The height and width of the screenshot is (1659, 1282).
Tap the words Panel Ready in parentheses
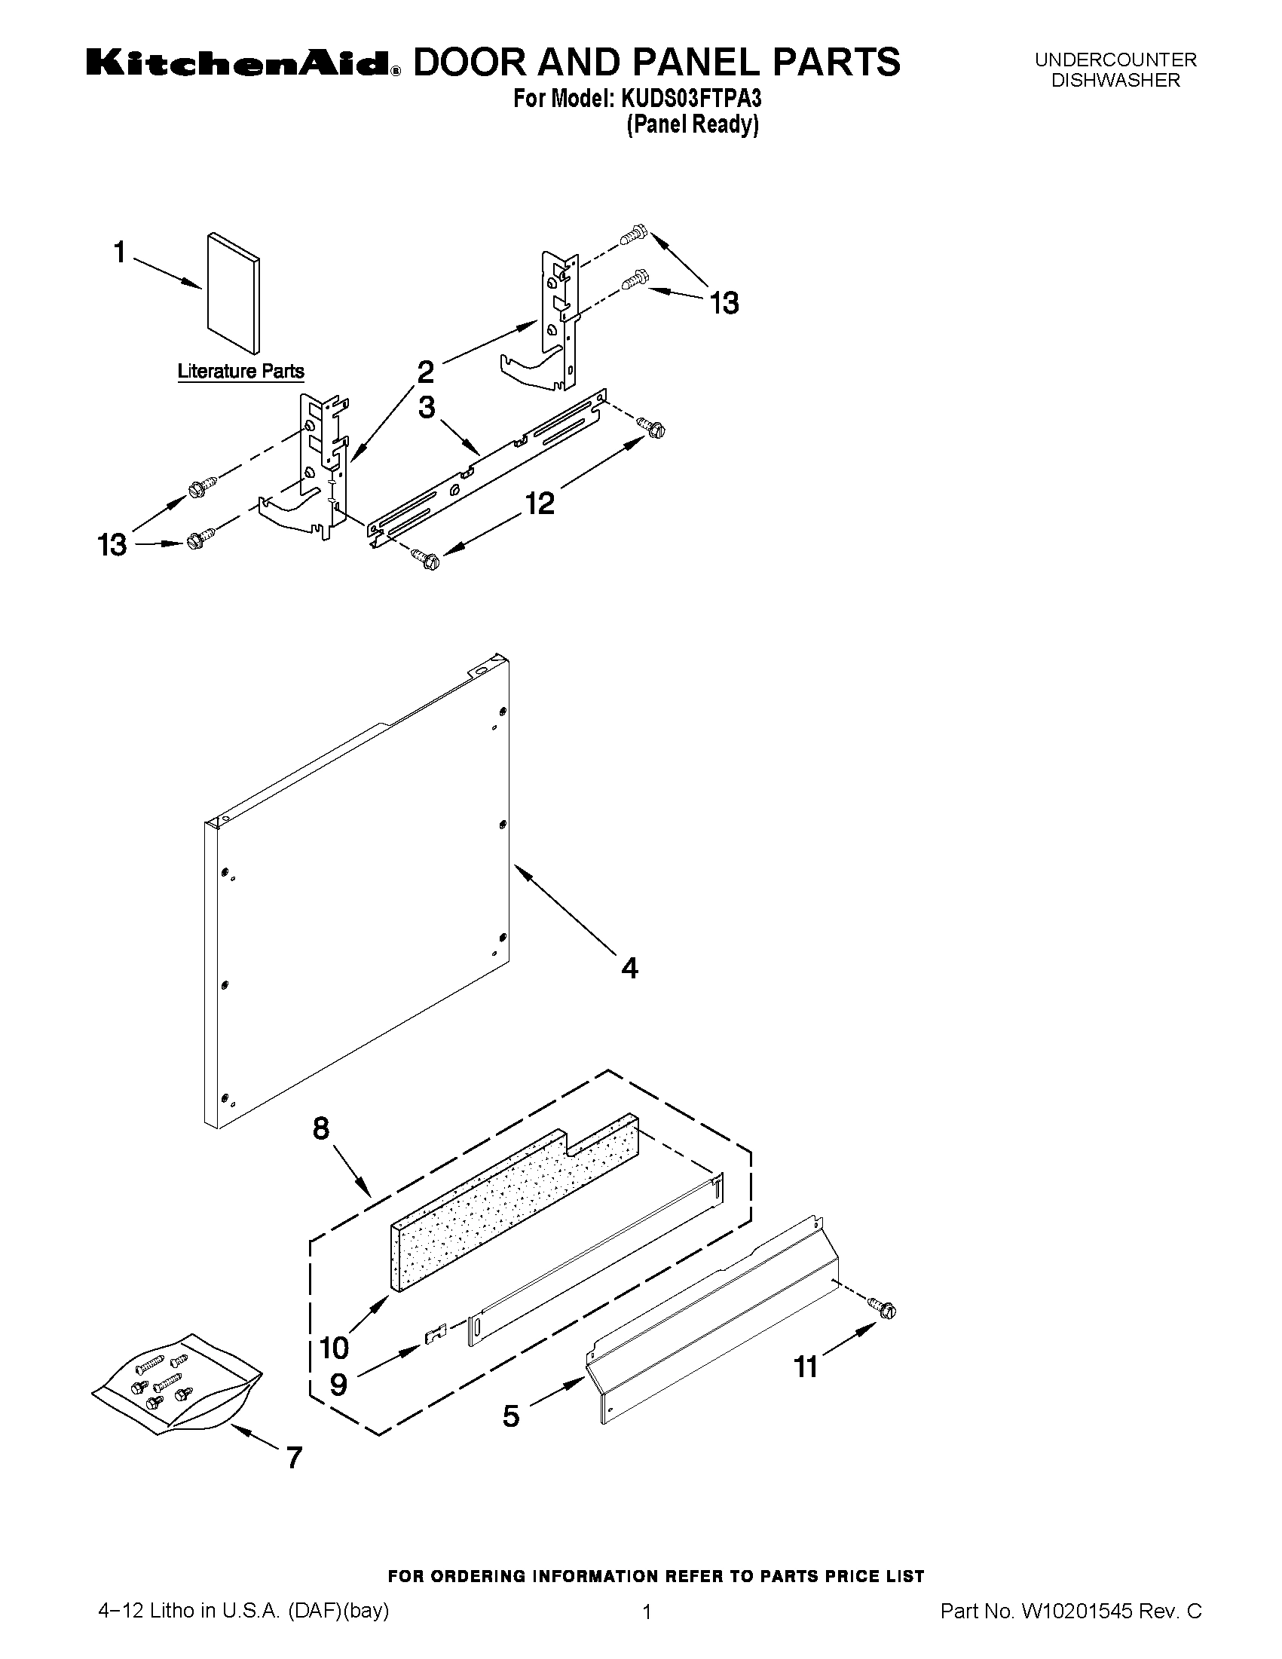pyautogui.click(x=692, y=124)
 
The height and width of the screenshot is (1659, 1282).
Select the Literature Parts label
pyautogui.click(x=240, y=372)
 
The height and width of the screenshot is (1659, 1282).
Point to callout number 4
pyautogui.click(x=629, y=968)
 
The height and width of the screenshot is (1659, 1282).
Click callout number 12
pyautogui.click(x=540, y=503)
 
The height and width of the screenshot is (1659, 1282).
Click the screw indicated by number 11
pyautogui.click(x=884, y=1308)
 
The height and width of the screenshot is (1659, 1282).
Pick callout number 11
pyautogui.click(x=805, y=1367)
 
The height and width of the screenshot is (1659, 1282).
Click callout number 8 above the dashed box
pyautogui.click(x=321, y=1128)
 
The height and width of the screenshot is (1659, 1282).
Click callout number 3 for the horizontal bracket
pyautogui.click(x=427, y=408)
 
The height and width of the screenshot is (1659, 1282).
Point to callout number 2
pyautogui.click(x=425, y=372)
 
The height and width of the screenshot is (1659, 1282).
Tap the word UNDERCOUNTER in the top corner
pyautogui.click(x=1115, y=60)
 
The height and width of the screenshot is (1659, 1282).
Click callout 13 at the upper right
pyautogui.click(x=724, y=304)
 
